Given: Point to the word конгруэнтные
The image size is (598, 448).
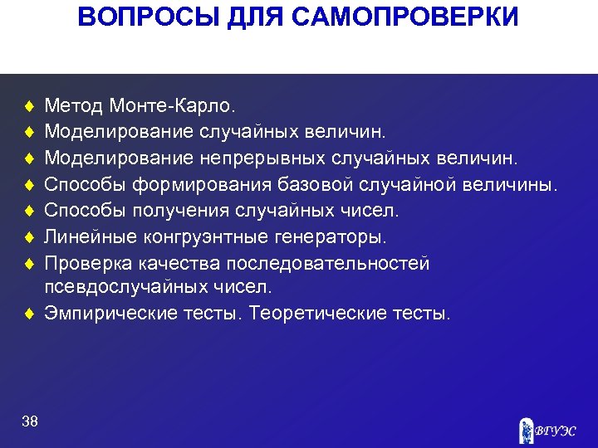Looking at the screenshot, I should (x=199, y=237).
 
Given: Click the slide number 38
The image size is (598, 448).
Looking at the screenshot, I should (x=31, y=422).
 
